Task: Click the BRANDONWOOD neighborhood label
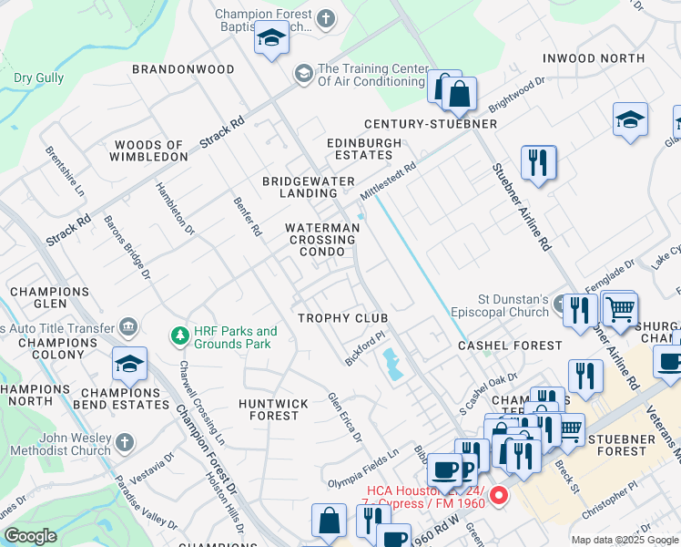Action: [x=182, y=69]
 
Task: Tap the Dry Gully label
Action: [x=38, y=78]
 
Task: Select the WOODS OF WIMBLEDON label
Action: [x=150, y=150]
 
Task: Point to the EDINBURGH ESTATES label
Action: [x=364, y=150]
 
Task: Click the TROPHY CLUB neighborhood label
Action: [x=344, y=318]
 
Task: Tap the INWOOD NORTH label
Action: [x=593, y=58]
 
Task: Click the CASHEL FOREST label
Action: [x=510, y=346]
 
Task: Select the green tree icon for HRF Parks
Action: [x=179, y=337]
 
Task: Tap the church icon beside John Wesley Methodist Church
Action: [x=126, y=444]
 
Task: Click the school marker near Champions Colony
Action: [x=130, y=365]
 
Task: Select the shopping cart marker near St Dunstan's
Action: [x=620, y=309]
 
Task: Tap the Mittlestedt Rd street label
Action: [x=388, y=181]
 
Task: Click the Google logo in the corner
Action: [x=30, y=536]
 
